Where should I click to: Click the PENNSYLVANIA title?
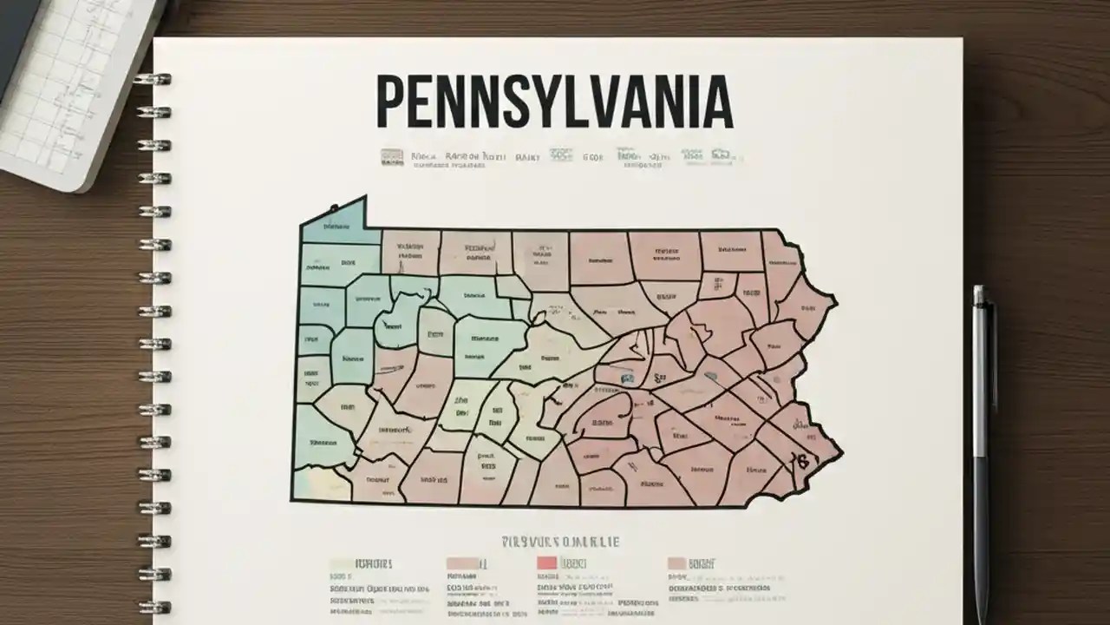(554, 102)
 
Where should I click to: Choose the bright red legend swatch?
(546, 563)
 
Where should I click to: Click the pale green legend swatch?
(341, 563)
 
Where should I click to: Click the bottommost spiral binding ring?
(153, 607)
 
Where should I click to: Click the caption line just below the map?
(559, 542)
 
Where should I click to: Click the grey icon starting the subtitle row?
(392, 157)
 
